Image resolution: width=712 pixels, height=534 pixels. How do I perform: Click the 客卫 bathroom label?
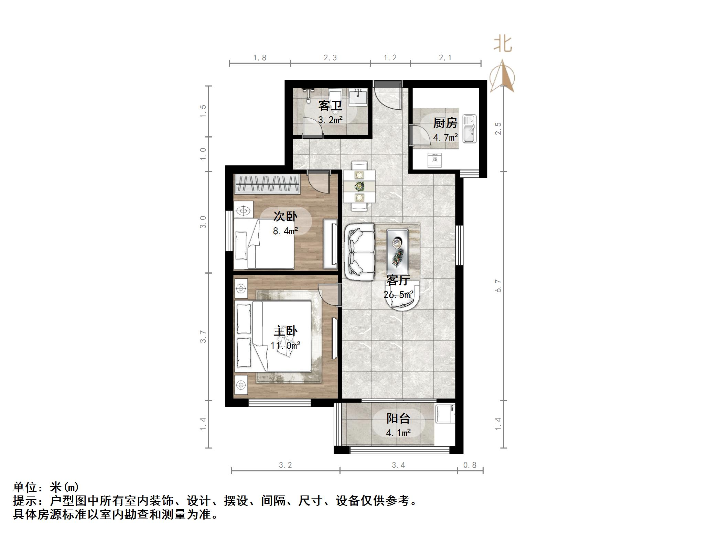(330, 106)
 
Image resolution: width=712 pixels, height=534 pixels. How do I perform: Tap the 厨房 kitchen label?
(445, 123)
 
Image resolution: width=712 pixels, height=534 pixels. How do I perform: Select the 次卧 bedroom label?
(285, 216)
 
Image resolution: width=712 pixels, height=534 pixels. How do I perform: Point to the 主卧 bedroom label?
(285, 331)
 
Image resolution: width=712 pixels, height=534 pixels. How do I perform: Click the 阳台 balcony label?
(398, 418)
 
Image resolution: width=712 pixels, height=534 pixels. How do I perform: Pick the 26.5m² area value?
(398, 295)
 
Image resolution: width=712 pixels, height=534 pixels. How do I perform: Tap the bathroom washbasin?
(358, 97)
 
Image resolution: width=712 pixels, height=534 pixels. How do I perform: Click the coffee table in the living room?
(398, 252)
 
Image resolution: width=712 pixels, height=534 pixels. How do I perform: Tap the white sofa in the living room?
(359, 252)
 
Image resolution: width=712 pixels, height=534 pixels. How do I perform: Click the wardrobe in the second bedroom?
(267, 184)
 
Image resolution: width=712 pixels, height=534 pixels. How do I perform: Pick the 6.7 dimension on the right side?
(498, 286)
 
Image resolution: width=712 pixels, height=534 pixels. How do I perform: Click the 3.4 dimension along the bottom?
(398, 465)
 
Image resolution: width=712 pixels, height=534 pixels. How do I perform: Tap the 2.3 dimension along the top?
(330, 58)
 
